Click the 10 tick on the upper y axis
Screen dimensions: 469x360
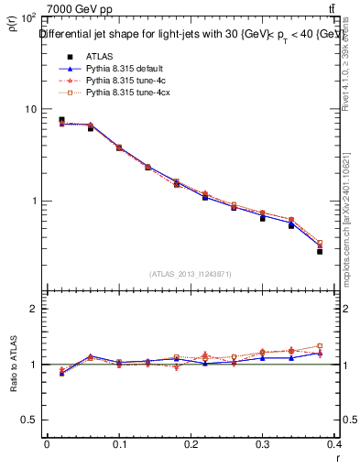tap(30, 109)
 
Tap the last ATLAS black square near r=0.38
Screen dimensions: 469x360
tap(320, 251)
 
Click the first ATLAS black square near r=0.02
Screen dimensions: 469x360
tap(61, 119)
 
